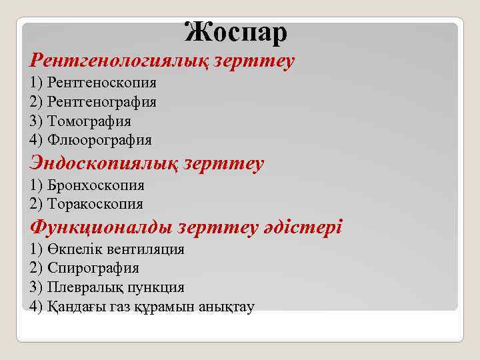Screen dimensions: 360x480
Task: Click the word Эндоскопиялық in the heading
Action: pyautogui.click(x=101, y=163)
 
